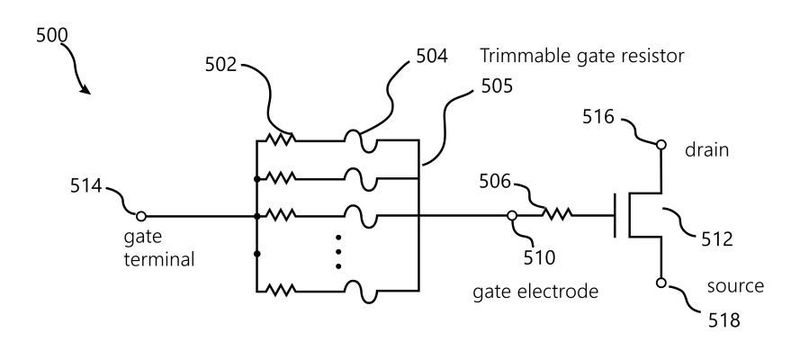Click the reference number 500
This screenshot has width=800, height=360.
(x=52, y=34)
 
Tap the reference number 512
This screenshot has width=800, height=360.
(x=716, y=240)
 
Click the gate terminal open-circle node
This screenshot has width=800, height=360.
(x=141, y=215)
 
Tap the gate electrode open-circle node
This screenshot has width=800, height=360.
(x=511, y=215)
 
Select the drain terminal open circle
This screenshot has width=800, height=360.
(x=660, y=144)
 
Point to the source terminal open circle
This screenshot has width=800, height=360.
(x=660, y=284)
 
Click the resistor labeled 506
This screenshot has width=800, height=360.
(x=555, y=214)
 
